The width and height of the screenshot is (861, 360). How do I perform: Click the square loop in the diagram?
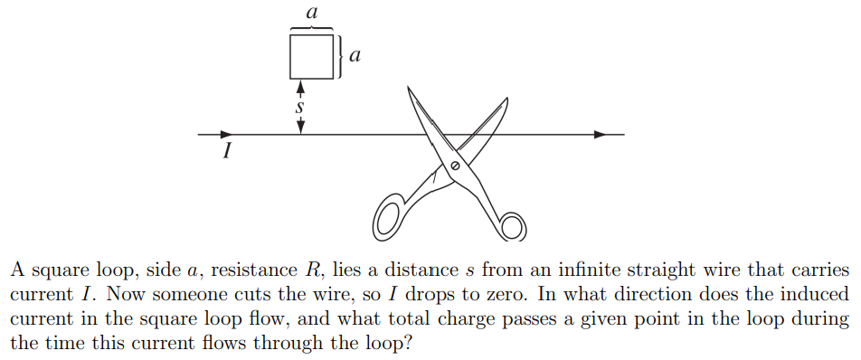tap(311, 56)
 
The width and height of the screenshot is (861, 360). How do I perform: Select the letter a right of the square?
tap(355, 56)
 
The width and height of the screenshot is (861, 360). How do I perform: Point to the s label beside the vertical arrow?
tap(300, 106)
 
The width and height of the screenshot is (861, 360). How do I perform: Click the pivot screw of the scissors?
tap(455, 167)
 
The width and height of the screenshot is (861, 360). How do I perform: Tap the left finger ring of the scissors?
tap(389, 216)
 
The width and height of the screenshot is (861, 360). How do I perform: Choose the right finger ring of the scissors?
tap(512, 226)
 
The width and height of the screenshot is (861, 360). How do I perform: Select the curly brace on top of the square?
tap(312, 28)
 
